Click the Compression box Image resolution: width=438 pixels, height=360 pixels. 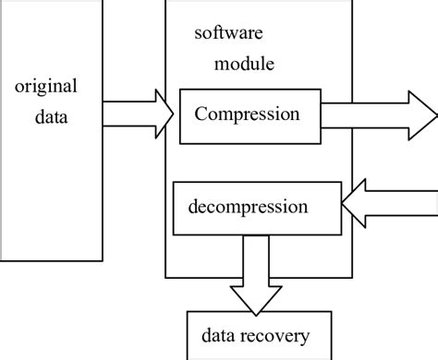coord(247,115)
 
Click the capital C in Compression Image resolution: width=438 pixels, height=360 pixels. coord(200,115)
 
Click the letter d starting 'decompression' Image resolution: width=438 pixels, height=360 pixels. coord(193,204)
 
